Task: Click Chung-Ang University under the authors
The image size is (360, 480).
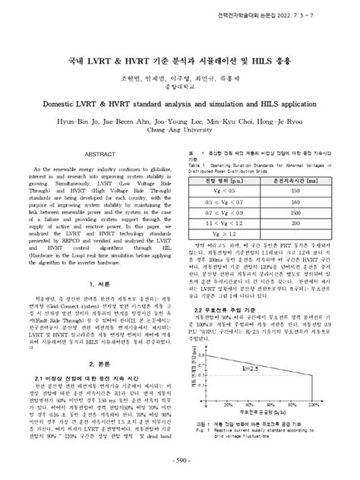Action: pos(179,128)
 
